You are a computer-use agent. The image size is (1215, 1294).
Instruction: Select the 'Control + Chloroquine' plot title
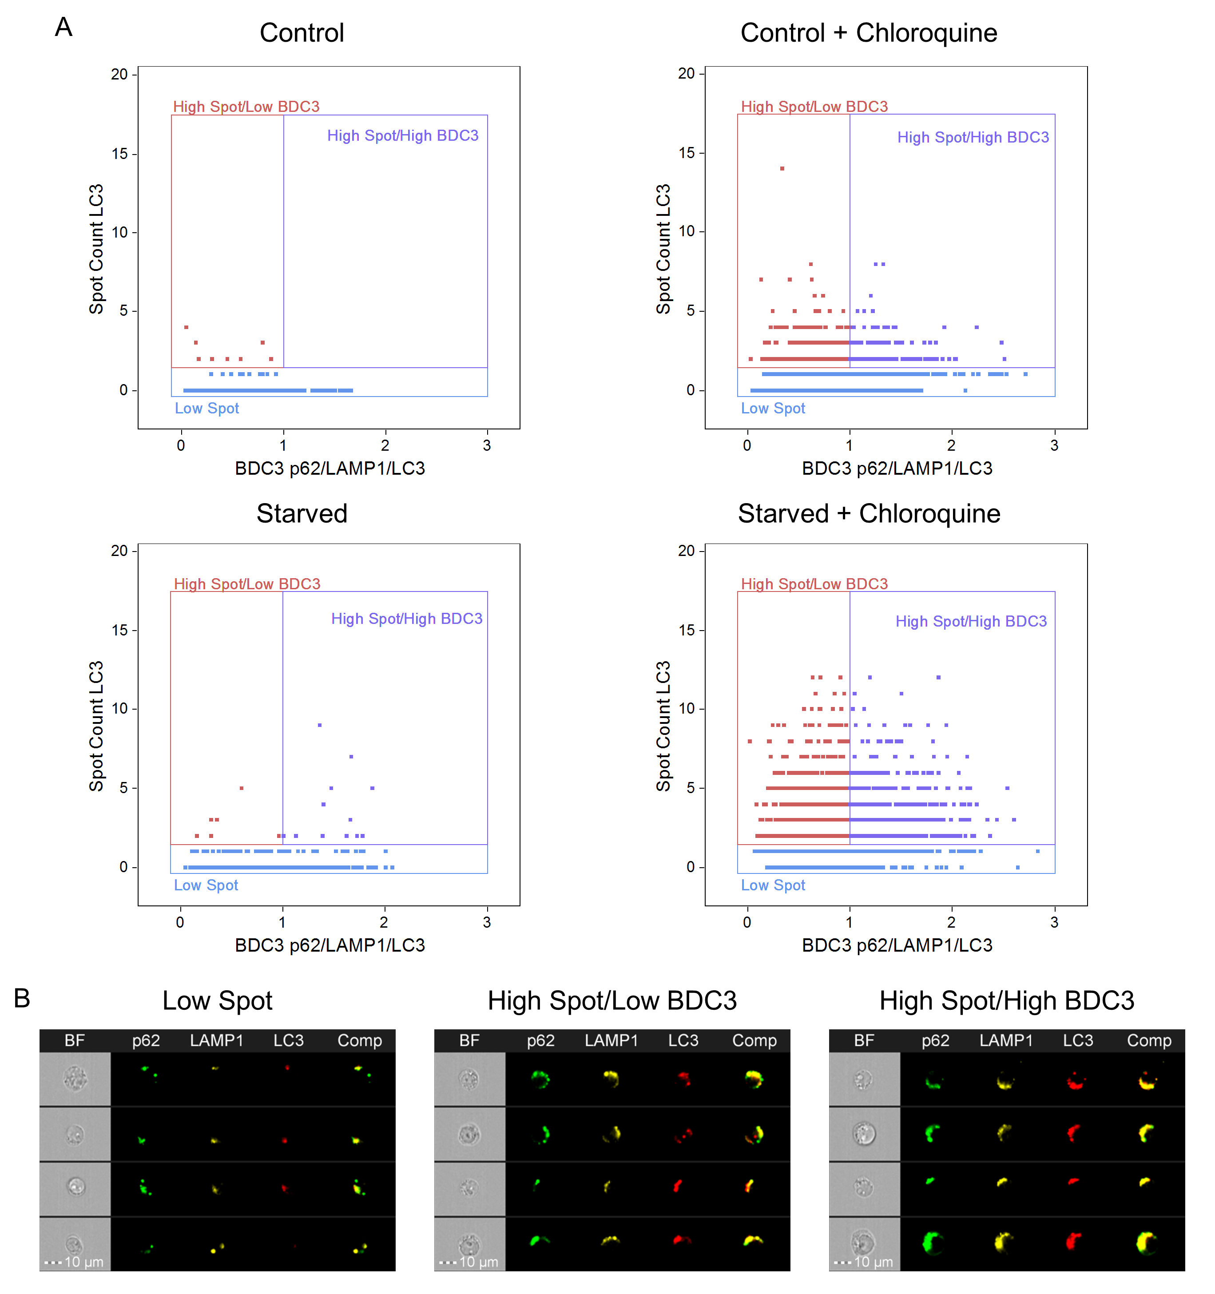[868, 32]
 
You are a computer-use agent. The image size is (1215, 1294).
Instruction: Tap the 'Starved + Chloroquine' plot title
[868, 514]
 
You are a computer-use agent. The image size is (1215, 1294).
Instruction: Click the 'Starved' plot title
[302, 514]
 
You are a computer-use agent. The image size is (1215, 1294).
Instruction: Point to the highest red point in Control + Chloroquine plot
[782, 169]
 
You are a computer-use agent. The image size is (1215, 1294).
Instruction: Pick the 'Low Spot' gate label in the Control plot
[207, 409]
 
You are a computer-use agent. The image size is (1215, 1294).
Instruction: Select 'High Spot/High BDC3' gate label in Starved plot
[407, 619]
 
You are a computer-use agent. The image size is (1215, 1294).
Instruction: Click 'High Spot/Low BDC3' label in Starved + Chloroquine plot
[814, 584]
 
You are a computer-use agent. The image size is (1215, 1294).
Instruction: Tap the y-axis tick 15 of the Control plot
[120, 154]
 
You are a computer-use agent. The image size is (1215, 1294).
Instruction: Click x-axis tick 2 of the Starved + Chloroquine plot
[951, 922]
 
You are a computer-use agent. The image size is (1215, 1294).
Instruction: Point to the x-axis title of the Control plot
[330, 468]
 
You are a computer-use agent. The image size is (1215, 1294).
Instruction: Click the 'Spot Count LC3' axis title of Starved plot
[96, 726]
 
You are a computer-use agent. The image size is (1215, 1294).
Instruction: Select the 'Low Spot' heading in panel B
[217, 1000]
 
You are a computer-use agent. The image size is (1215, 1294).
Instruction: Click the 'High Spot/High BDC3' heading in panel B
[1006, 1000]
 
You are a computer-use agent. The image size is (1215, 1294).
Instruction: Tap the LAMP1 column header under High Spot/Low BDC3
[611, 1041]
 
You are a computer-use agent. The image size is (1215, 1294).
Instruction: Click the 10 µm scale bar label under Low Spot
[83, 1262]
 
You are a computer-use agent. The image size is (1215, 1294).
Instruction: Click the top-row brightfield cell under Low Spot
[75, 1079]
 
